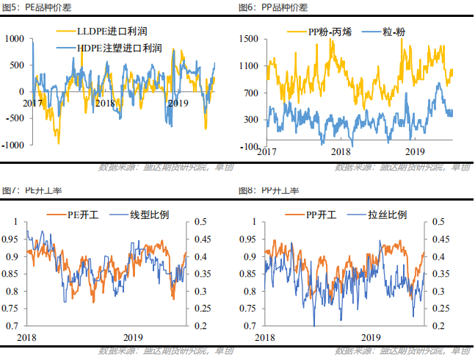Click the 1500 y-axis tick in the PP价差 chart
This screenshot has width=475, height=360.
tap(248, 38)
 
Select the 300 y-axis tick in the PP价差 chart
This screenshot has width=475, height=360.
tap(250, 119)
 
